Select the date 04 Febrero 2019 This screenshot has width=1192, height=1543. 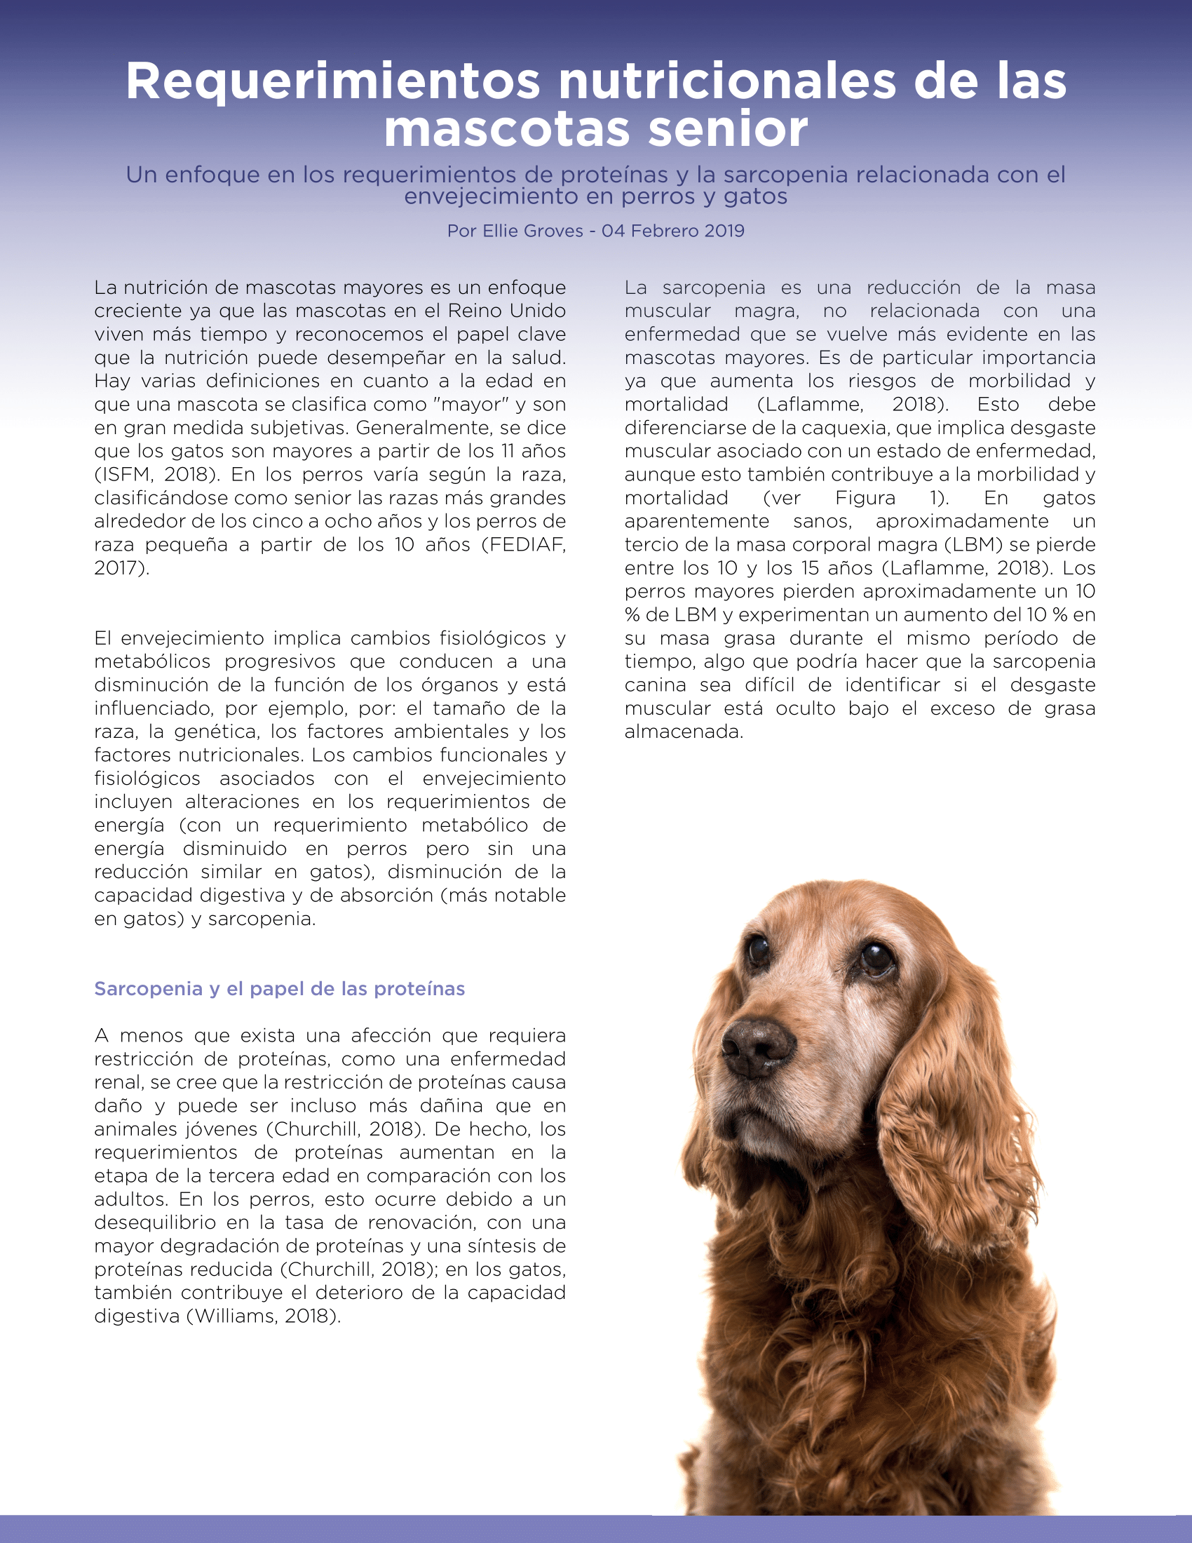(673, 231)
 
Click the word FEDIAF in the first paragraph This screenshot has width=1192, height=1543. (523, 545)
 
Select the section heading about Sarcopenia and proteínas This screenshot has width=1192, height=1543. (280, 988)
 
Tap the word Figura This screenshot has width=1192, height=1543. (865, 498)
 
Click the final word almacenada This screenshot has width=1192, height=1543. (684, 732)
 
